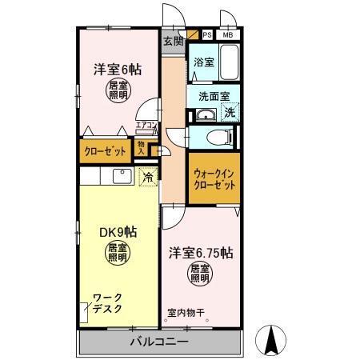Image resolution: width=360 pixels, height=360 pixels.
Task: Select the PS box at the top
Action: (x=206, y=35)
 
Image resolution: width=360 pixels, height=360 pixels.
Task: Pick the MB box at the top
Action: (x=228, y=35)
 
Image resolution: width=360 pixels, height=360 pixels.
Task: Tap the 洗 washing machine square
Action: (x=229, y=114)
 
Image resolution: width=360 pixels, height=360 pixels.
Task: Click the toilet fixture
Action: (x=214, y=137)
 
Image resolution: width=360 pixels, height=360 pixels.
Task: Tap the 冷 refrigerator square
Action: (x=147, y=178)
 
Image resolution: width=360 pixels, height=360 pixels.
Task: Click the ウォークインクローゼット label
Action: (x=214, y=178)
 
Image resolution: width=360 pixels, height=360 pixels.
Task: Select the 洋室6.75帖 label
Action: (x=200, y=254)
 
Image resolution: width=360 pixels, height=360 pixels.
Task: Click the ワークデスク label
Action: (x=108, y=304)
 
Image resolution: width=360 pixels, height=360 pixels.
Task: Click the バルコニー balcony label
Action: (x=159, y=342)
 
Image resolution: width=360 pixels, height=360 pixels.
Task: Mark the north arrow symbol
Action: (x=271, y=342)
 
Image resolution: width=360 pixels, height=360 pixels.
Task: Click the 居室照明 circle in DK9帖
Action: (x=118, y=254)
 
